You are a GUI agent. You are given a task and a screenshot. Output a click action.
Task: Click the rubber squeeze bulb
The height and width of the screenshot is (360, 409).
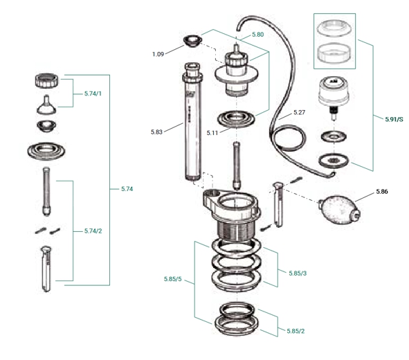click(335, 208)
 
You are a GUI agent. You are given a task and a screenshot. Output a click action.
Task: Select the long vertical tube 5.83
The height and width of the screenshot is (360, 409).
click(192, 125)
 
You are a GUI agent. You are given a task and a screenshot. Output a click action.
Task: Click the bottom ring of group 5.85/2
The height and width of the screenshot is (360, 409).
click(237, 323)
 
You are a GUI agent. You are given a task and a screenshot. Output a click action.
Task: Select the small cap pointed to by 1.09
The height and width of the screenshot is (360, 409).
click(190, 42)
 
